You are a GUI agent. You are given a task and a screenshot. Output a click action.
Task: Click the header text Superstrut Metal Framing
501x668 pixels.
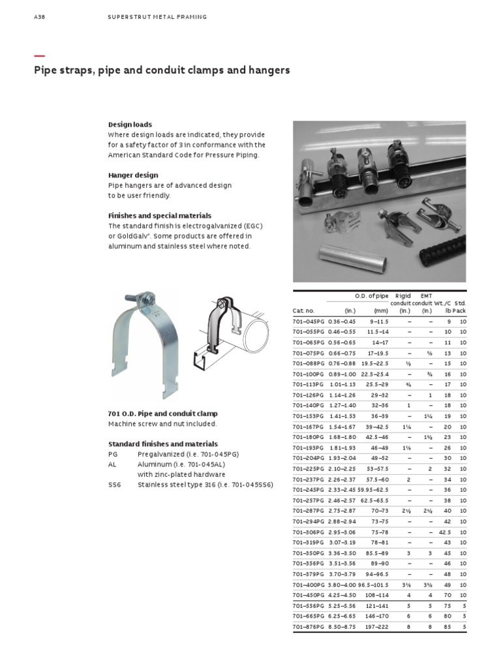coord(157,17)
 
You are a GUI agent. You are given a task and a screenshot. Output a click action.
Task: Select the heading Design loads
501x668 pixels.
coord(130,124)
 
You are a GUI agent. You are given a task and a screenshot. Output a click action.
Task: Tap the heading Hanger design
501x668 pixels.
coord(132,175)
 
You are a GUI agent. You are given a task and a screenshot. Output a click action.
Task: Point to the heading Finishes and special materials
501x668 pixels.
coord(159,215)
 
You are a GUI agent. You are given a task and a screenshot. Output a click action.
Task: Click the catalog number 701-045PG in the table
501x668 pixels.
coord(307,321)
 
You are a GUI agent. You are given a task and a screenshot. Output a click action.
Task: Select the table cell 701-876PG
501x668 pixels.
coord(307,626)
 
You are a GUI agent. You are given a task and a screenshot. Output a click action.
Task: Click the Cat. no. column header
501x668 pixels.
coord(303,311)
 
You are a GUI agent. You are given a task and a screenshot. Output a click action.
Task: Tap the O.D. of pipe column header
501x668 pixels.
coord(371,296)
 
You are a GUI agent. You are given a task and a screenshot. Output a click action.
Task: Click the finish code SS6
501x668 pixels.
coord(114,485)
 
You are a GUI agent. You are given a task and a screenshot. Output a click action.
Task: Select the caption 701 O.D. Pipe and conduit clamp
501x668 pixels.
coord(162,414)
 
